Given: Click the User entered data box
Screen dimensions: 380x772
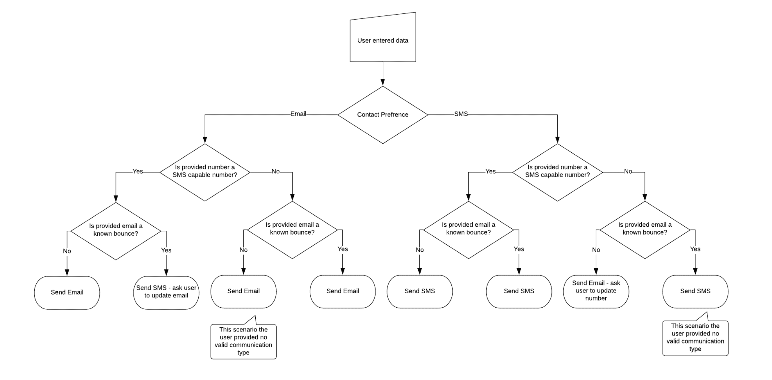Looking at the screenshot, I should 383,40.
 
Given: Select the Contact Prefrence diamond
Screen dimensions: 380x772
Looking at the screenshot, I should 383,114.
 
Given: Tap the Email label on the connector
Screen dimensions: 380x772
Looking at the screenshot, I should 298,114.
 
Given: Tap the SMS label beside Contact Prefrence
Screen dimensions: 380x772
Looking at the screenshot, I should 461,114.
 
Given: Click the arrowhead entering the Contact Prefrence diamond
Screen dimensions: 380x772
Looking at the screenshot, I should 383,82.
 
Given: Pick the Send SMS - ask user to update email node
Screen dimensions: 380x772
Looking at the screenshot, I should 166,292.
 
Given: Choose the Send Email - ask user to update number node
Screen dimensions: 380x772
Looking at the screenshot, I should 596,291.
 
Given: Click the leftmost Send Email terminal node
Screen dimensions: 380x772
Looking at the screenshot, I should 67,292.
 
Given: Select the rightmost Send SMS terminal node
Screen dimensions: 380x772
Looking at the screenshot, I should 695,291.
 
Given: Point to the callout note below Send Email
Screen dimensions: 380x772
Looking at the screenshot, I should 243,341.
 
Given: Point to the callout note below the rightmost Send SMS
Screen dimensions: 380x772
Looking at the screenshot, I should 695,338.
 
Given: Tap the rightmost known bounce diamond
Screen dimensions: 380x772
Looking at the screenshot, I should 645,229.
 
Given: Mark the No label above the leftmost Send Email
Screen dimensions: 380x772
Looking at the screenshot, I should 67,251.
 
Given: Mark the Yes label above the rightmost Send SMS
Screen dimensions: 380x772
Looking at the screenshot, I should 695,249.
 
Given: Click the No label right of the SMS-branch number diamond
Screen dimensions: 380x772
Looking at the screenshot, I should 628,171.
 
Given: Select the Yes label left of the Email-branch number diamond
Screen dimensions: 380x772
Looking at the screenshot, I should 138,171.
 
